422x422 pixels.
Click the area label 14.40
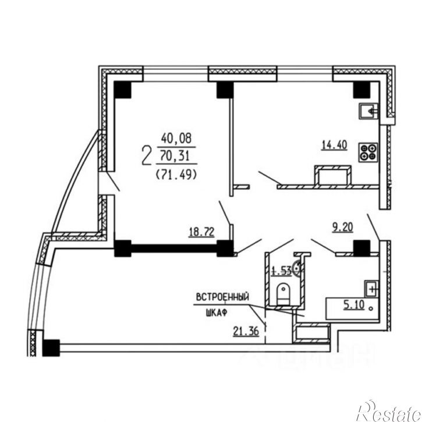click(x=335, y=146)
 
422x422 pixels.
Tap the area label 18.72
click(x=201, y=232)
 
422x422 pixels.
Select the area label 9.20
click(x=342, y=228)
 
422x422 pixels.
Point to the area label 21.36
click(x=246, y=331)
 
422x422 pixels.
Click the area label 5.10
click(x=354, y=305)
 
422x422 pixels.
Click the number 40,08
click(x=176, y=139)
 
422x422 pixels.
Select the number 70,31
click(x=175, y=155)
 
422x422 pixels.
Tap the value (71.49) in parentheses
click(x=176, y=175)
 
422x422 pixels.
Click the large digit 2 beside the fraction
click(x=146, y=155)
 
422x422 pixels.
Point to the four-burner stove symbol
click(x=368, y=153)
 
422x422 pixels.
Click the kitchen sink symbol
click(x=369, y=111)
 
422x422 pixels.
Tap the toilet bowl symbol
click(x=283, y=293)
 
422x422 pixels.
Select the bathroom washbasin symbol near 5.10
click(x=371, y=289)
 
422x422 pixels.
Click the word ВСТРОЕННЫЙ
click(x=222, y=297)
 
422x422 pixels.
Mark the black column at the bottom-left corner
click(x=51, y=347)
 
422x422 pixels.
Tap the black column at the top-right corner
click(x=361, y=90)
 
